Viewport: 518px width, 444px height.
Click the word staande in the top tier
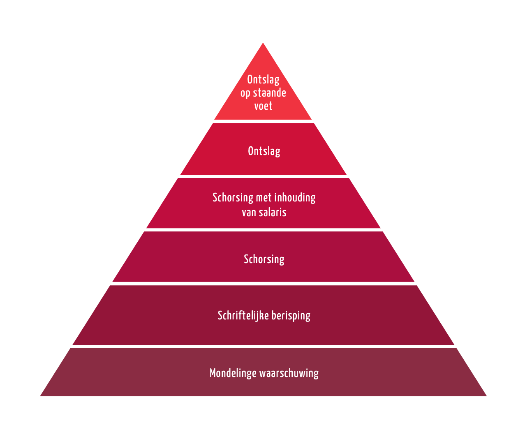[269, 93]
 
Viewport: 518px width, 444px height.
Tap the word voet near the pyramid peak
[263, 106]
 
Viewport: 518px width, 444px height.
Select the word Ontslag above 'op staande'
[263, 80]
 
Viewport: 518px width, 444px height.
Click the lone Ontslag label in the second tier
[264, 151]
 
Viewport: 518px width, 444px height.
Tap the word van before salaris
[249, 213]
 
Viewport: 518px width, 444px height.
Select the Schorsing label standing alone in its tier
[264, 259]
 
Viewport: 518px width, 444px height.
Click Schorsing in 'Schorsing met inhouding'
[233, 198]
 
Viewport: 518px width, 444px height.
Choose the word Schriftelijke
[243, 315]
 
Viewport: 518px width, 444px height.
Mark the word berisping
[291, 316]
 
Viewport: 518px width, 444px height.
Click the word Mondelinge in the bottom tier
[233, 373]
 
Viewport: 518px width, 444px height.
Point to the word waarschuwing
[289, 373]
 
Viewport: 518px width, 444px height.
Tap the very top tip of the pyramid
[263, 43]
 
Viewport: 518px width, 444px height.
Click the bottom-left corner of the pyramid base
[40, 396]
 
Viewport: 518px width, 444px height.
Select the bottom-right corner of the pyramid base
[487, 396]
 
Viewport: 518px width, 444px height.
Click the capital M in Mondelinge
[213, 373]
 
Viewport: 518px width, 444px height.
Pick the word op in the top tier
[245, 94]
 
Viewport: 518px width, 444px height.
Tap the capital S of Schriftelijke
[220, 315]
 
